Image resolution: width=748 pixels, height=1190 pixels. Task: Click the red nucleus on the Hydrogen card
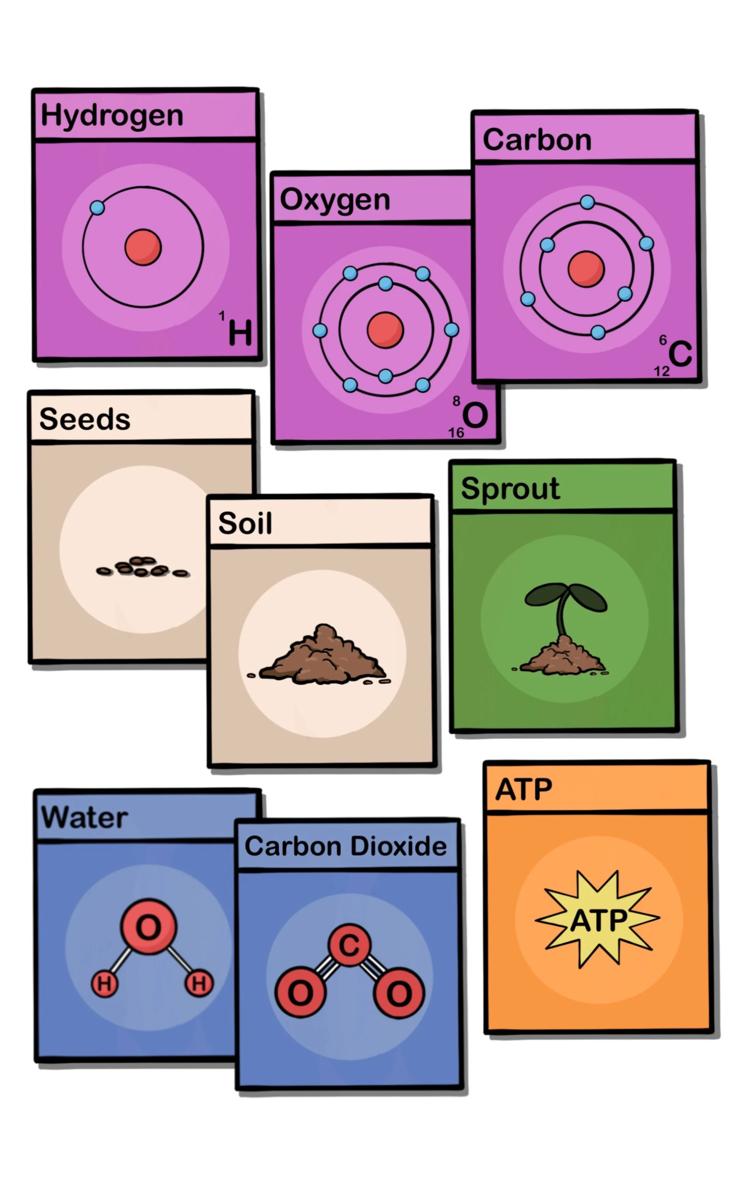(x=143, y=247)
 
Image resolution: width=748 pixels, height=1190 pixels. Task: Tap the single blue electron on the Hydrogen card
(x=97, y=208)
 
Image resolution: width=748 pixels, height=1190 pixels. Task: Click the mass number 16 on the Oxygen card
(x=456, y=433)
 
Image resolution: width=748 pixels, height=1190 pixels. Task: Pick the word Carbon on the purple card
(x=537, y=140)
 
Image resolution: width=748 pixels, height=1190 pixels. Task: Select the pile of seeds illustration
(x=142, y=567)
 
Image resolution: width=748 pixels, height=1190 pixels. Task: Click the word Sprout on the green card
(x=510, y=489)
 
